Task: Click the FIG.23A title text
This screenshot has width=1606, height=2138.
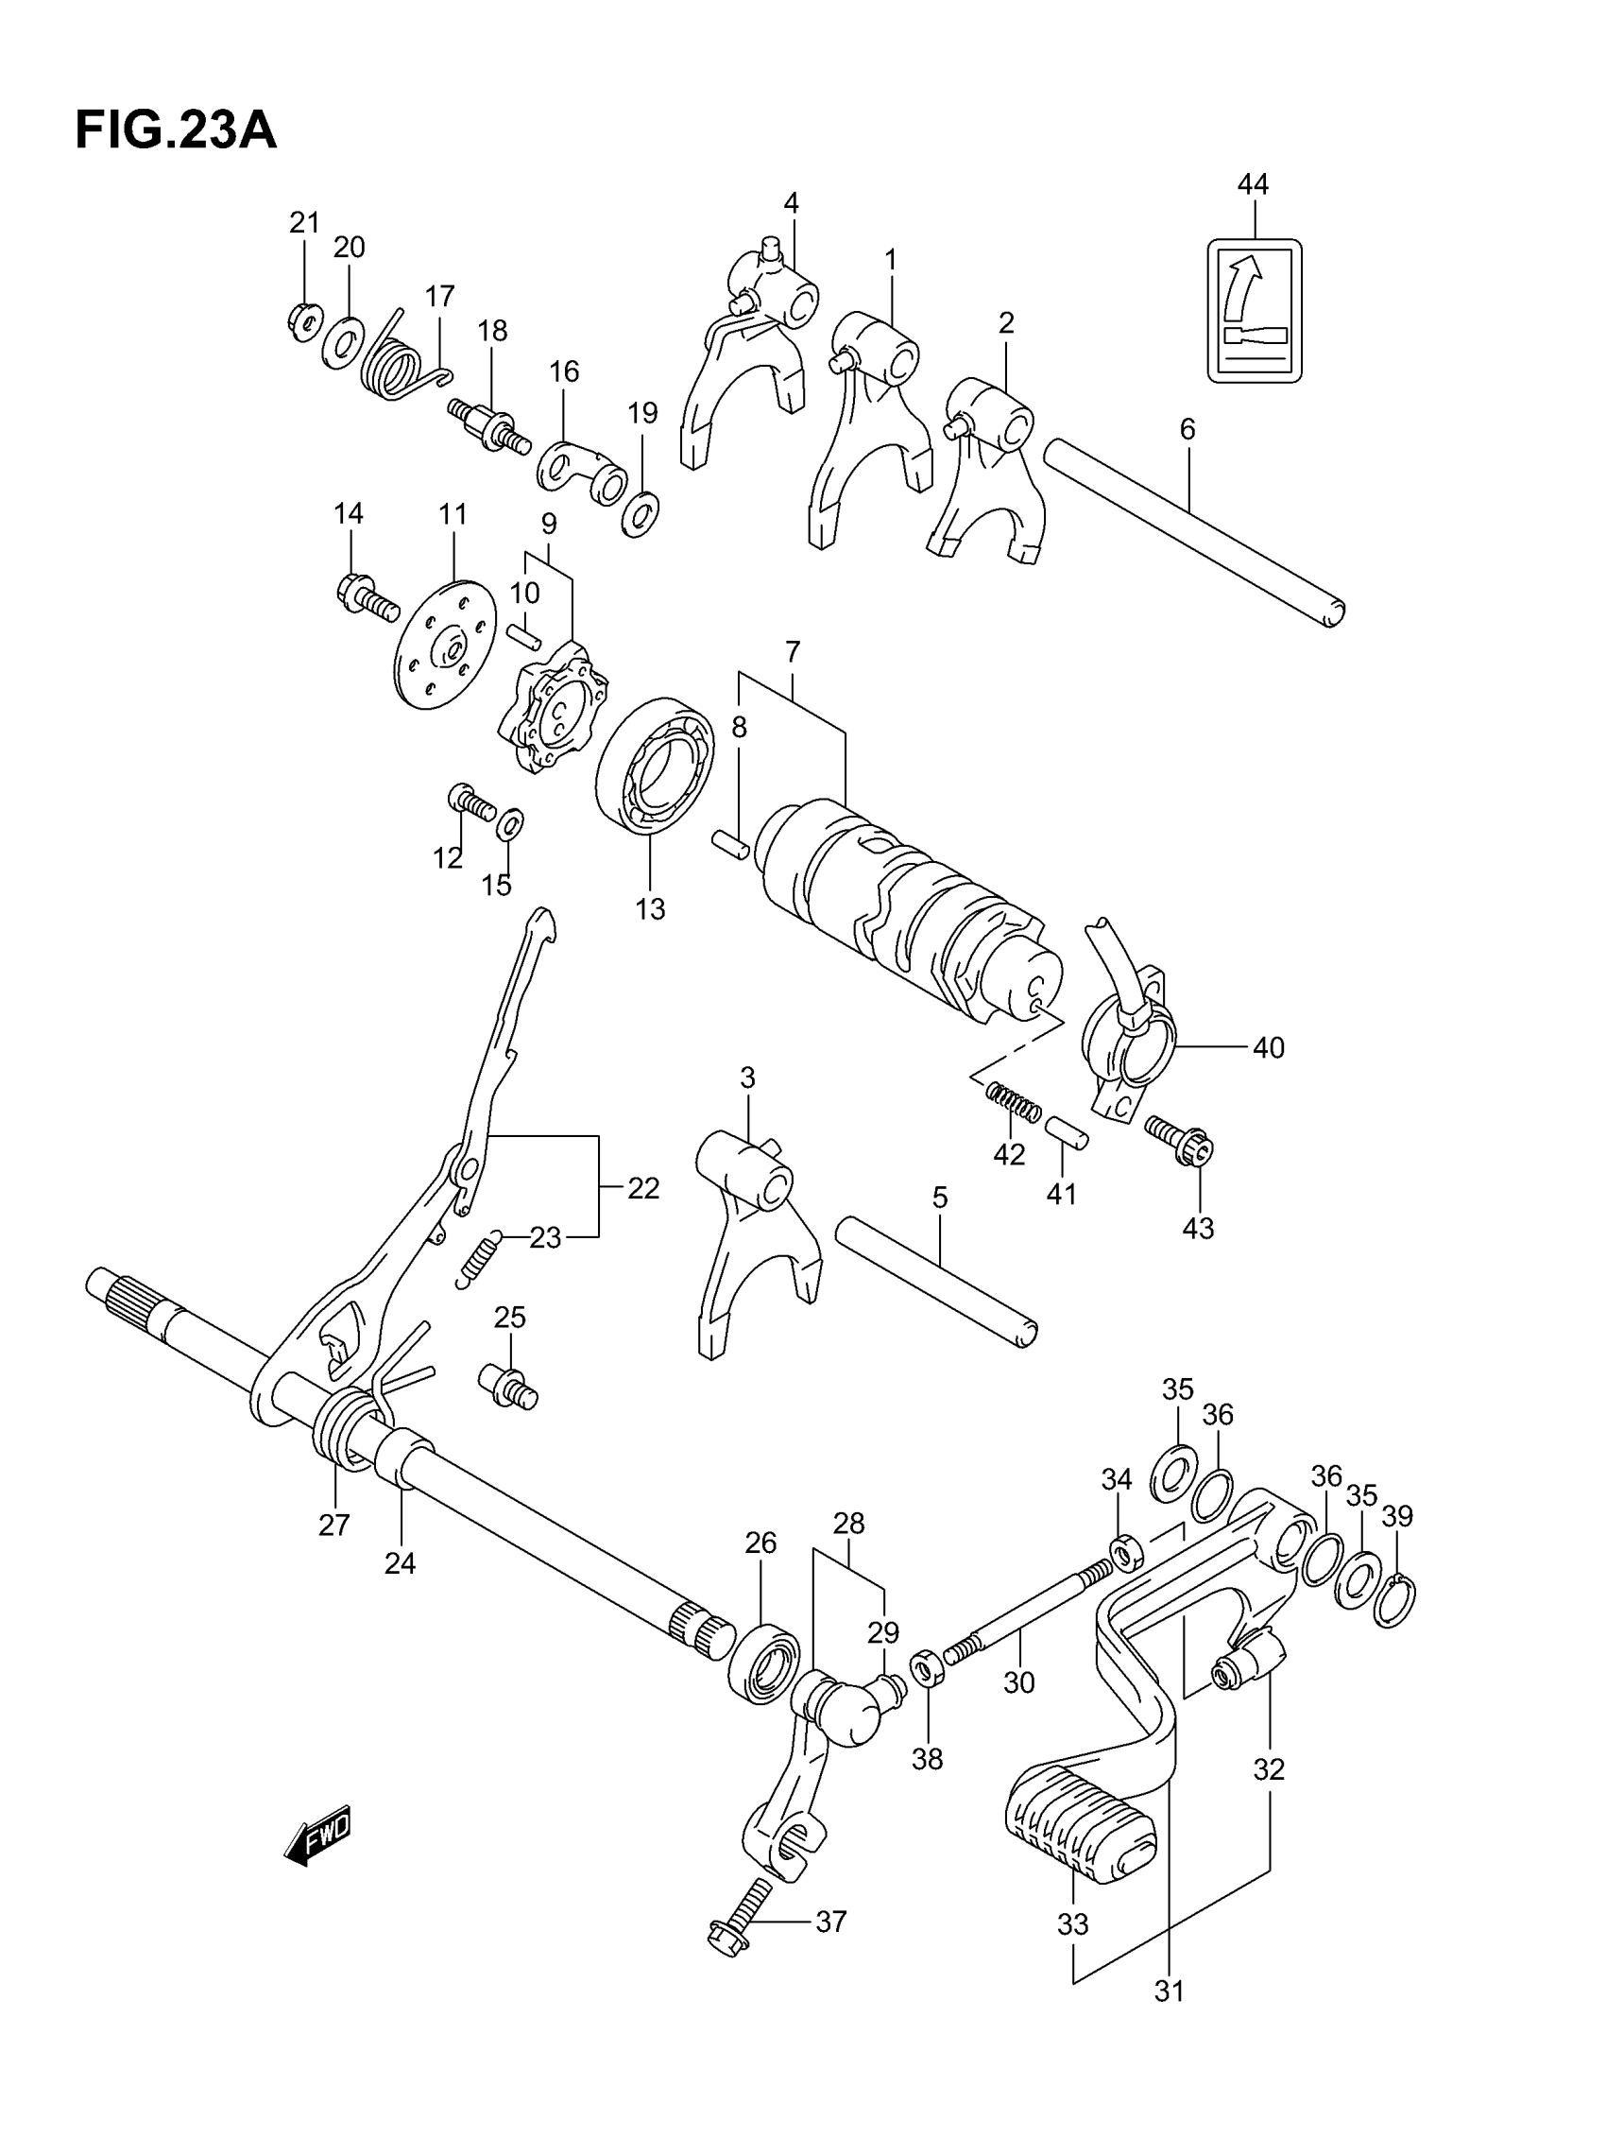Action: click(176, 131)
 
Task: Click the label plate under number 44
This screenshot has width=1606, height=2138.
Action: click(1254, 310)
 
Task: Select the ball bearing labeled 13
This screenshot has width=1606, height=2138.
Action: click(654, 765)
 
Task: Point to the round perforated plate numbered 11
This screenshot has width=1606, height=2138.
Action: click(447, 645)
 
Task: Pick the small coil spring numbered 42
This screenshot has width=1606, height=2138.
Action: click(1012, 1102)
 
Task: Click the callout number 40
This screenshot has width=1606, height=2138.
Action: click(1268, 1048)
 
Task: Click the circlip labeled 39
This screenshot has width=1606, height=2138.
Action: click(1395, 1602)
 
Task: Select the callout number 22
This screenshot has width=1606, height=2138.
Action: click(642, 1188)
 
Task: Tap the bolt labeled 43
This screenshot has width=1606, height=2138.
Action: click(1179, 1141)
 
